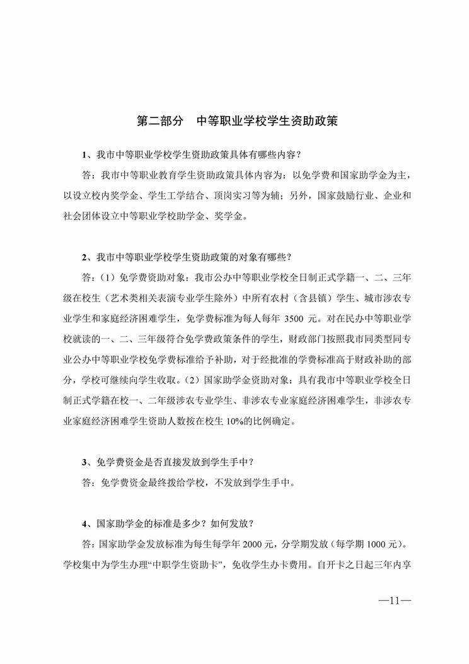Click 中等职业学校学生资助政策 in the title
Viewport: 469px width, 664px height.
[267, 121]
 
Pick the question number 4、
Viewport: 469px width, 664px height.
[87, 523]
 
